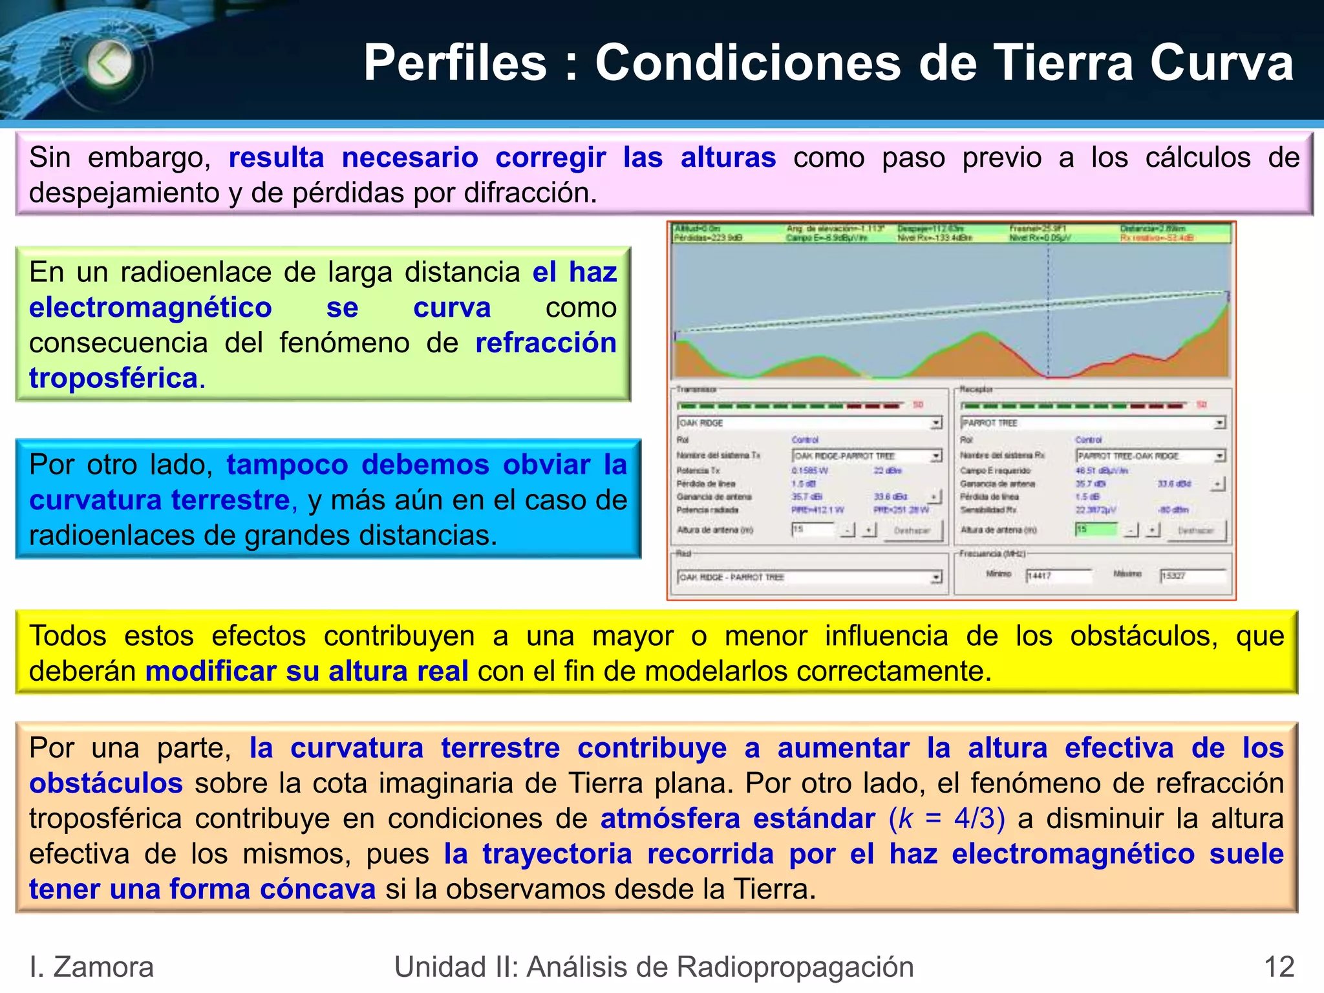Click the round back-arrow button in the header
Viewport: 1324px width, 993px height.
click(x=109, y=63)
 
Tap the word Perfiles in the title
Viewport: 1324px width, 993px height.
click(x=455, y=63)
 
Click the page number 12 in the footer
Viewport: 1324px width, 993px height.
click(x=1279, y=967)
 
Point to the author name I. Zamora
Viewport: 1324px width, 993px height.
click(x=91, y=967)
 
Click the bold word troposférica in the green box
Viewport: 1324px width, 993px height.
click(x=113, y=378)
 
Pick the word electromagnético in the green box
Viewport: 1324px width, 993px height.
click(x=150, y=308)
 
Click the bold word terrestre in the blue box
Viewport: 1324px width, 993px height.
click(x=230, y=500)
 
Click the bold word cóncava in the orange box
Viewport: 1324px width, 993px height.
click(x=317, y=889)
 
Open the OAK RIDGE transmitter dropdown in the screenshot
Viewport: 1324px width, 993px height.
click(x=936, y=423)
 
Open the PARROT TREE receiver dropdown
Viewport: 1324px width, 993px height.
click(x=1219, y=423)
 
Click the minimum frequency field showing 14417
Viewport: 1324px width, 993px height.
click(x=1058, y=575)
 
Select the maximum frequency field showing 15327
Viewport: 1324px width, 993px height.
click(x=1193, y=575)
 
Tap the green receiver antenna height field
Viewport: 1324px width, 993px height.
click(x=1096, y=529)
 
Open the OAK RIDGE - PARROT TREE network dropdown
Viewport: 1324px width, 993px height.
click(x=936, y=577)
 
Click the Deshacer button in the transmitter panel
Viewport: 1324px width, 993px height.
click(x=912, y=530)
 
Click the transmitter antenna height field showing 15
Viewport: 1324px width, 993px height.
click(x=813, y=529)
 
